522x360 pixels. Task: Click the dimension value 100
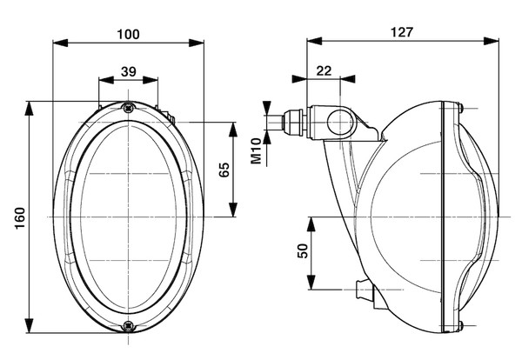pos(129,34)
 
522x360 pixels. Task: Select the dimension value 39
pos(129,72)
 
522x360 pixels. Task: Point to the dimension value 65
pos(224,170)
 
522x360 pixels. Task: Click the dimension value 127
pos(402,32)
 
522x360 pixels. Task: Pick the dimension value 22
pos(324,71)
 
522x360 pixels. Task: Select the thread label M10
pos(257,150)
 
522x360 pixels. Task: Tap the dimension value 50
pos(302,251)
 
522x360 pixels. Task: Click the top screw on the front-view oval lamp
pos(129,108)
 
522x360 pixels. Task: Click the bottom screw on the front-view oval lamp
pos(129,327)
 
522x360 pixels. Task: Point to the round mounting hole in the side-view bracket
pos(338,123)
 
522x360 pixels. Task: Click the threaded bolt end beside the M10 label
pos(275,121)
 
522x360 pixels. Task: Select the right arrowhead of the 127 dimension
pos(495,39)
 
